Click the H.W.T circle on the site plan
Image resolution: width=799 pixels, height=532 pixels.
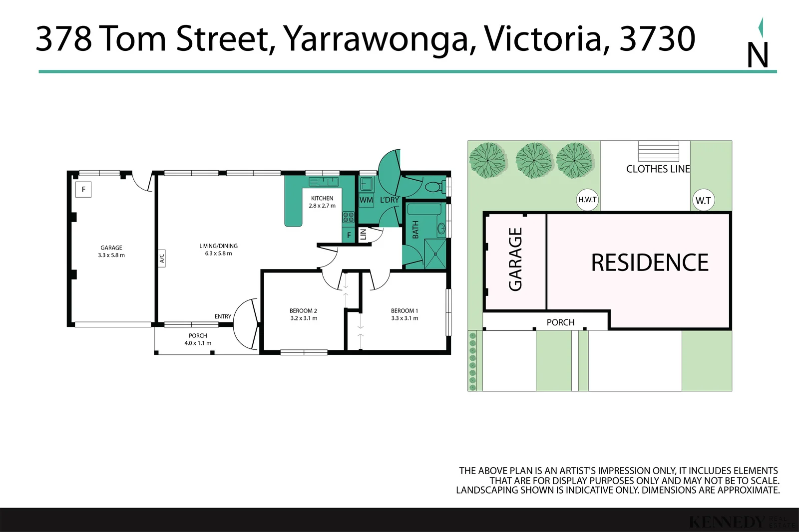click(x=587, y=200)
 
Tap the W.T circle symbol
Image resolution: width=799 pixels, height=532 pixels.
click(x=703, y=201)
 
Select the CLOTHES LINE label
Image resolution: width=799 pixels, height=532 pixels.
click(x=658, y=169)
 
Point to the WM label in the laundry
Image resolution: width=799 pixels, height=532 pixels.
click(x=366, y=200)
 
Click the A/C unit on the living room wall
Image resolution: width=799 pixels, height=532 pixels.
click(x=162, y=259)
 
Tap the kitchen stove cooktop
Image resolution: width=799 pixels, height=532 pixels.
click(x=348, y=217)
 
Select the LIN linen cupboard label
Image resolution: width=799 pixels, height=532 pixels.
click(x=364, y=234)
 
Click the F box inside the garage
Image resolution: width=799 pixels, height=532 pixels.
click(x=83, y=189)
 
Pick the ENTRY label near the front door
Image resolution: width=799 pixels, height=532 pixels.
click(x=223, y=316)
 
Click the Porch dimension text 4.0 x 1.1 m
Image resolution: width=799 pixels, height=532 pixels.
click(x=198, y=343)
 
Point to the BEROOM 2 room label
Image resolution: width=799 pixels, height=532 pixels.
click(x=303, y=311)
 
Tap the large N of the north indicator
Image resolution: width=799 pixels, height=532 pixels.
click(x=757, y=55)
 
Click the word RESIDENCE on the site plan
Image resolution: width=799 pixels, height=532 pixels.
click(x=650, y=263)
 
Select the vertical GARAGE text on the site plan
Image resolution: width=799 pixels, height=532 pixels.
click(x=515, y=259)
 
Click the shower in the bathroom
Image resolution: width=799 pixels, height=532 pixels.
click(x=435, y=254)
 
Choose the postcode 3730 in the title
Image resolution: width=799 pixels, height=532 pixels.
click(x=657, y=39)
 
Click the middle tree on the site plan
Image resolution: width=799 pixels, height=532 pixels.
click(x=534, y=160)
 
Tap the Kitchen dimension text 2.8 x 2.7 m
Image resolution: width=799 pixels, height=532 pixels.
click(x=322, y=206)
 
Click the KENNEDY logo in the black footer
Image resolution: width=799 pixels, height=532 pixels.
click(x=727, y=522)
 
